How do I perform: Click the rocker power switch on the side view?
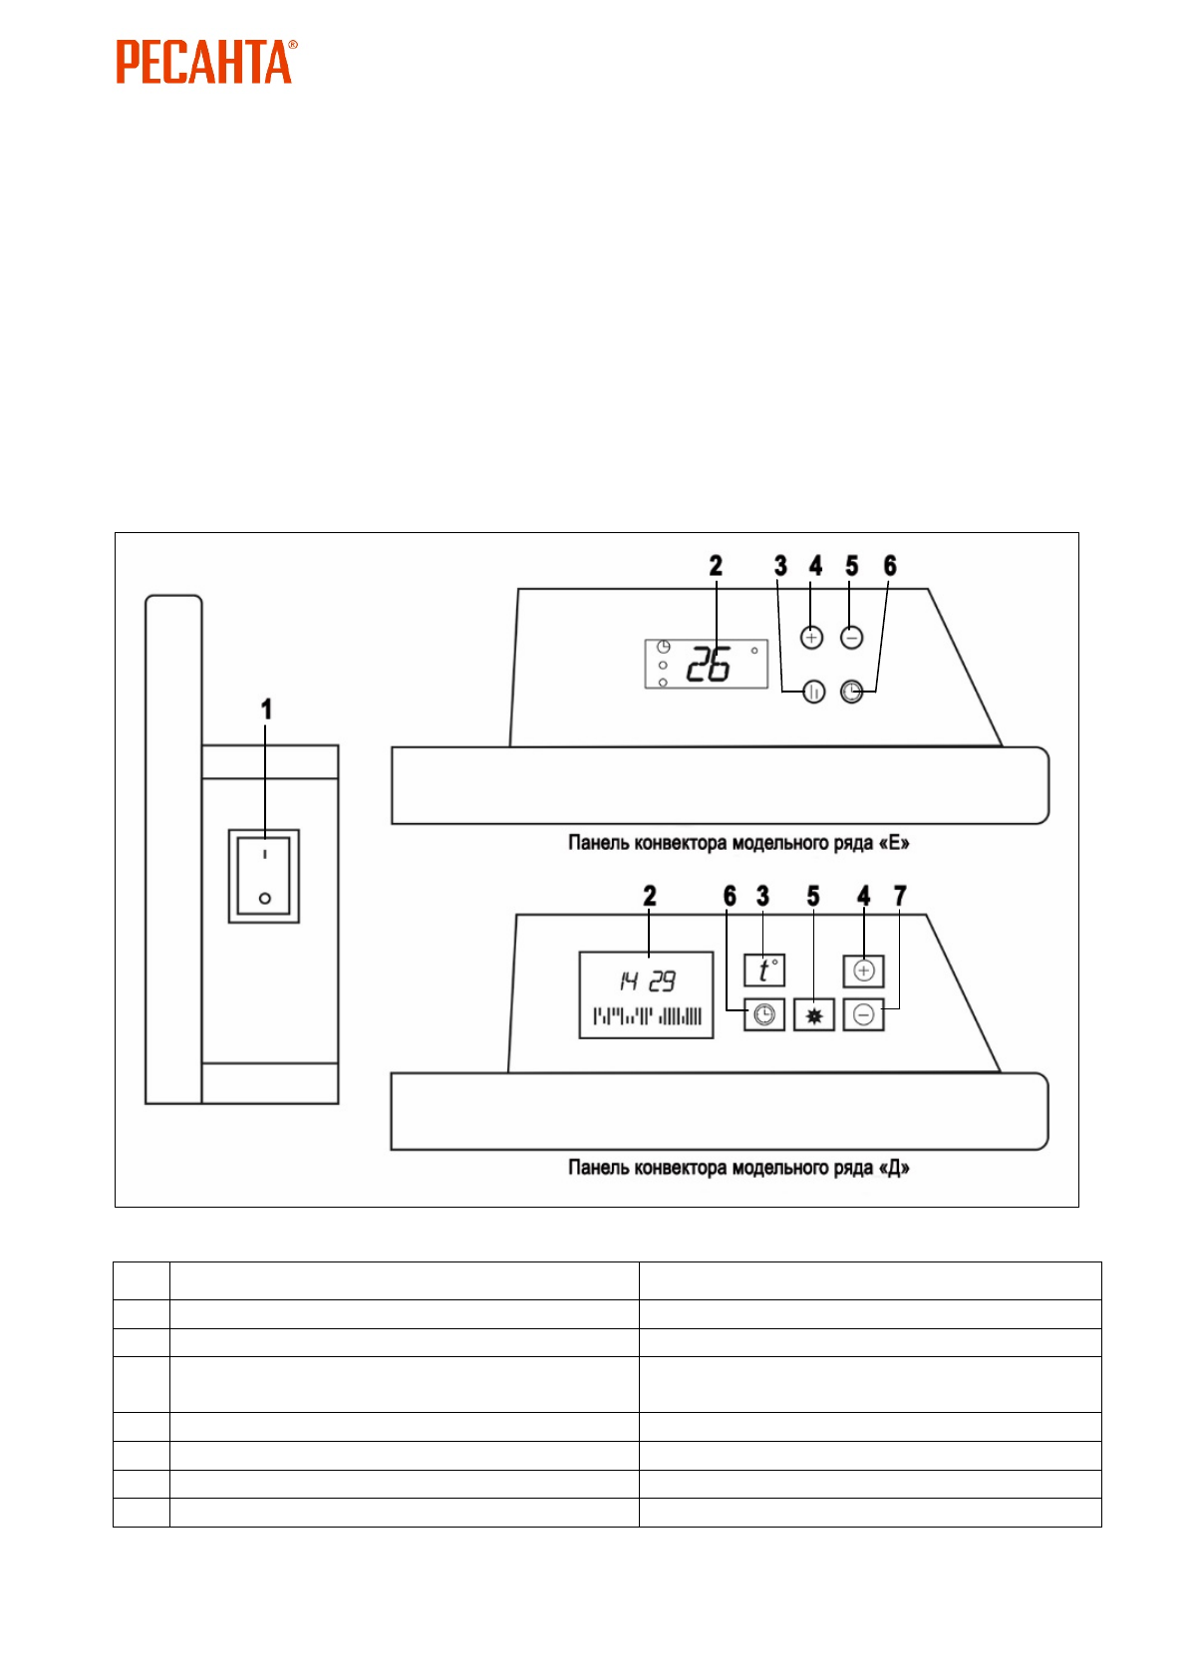coord(264,876)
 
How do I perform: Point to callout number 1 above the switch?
coord(266,709)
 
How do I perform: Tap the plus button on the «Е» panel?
coord(812,638)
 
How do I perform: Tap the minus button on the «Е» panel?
coord(851,638)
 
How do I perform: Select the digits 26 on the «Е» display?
coord(709,665)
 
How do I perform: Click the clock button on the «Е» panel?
coord(851,692)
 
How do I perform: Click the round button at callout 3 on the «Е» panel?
coord(814,692)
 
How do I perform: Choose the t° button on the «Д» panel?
coord(764,971)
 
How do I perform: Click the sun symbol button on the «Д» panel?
coord(814,1015)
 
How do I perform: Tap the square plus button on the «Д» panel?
coord(864,971)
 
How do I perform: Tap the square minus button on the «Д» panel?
coord(864,1015)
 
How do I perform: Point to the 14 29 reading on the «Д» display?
coord(648,982)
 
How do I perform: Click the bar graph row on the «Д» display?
coord(648,1016)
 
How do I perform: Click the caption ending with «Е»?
coord(739,843)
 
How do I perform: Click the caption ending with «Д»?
coord(739,1167)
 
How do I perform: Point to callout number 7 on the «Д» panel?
coord(901,896)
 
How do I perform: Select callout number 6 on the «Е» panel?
coord(890,566)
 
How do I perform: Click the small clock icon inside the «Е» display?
coord(664,647)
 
